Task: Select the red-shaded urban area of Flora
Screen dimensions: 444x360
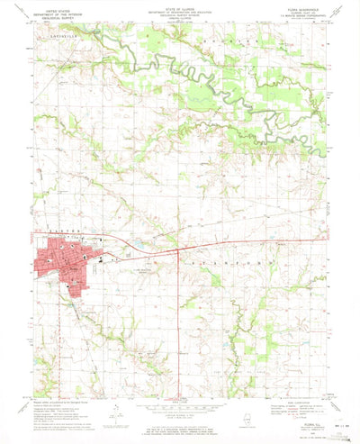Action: pyautogui.click(x=58, y=270)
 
